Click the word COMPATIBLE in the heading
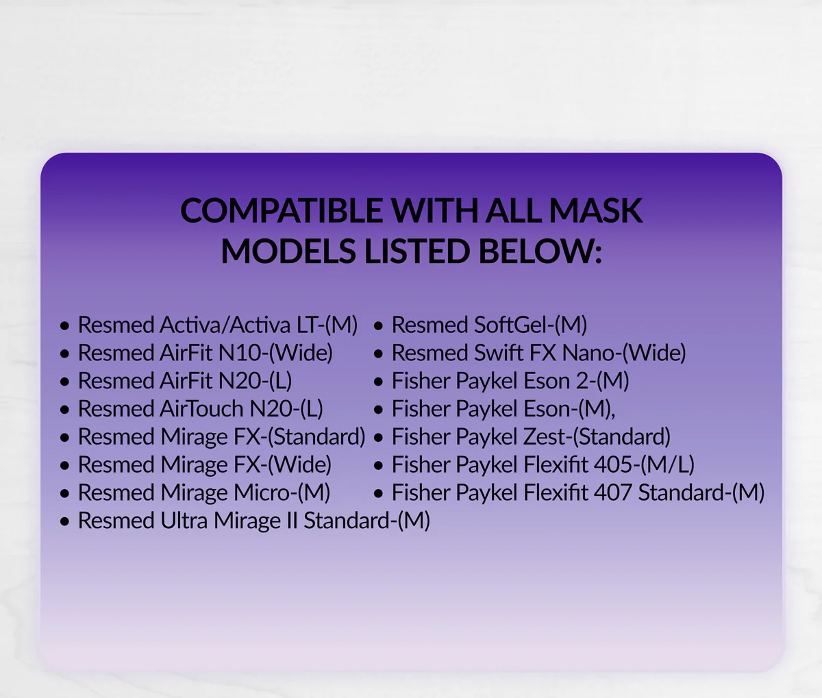pos(282,210)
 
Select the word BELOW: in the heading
pos(540,251)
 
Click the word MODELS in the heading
pos(288,251)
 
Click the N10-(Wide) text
pos(275,353)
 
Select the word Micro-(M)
pos(282,493)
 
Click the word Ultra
pos(184,520)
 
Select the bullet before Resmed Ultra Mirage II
pos(64,522)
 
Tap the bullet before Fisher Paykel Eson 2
pos(378,382)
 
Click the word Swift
pos(499,352)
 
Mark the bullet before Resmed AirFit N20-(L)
pos(64,382)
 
